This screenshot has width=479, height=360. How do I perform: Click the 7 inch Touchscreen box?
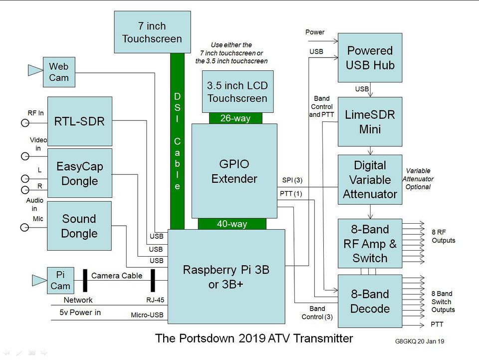coord(152,32)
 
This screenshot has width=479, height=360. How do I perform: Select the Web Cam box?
coord(59,72)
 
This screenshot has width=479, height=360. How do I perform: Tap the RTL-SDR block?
coord(79,121)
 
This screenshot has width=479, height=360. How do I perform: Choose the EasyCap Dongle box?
coord(79,173)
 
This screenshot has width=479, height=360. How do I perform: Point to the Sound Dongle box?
coord(79,226)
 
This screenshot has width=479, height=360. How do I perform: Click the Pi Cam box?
coord(60,280)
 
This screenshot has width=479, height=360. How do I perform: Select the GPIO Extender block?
coord(234,171)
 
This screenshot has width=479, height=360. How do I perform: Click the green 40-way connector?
coord(232,224)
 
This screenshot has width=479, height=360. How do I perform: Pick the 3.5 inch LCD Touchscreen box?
coord(237,91)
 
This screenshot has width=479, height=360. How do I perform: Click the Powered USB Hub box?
coord(370,58)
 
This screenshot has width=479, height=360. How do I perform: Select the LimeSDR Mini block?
coord(370,122)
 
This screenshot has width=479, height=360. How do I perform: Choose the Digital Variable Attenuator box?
coord(370,179)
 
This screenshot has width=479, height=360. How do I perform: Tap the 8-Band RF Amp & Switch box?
coord(370,244)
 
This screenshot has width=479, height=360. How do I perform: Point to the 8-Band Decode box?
coord(370,301)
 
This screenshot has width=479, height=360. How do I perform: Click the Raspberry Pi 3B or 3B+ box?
coord(226,276)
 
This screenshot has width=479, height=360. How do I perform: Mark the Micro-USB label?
coord(147,315)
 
